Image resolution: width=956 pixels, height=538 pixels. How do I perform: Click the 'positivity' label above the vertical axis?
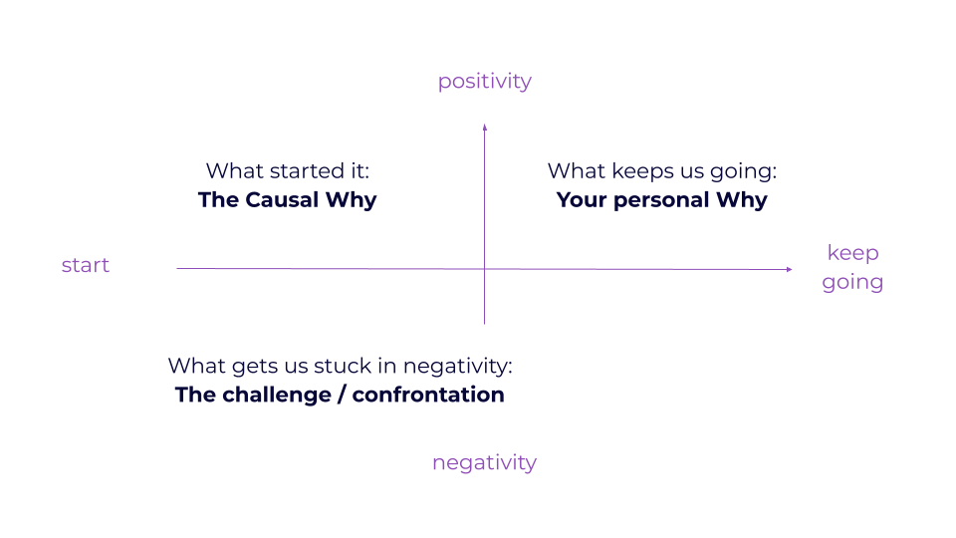tap(484, 82)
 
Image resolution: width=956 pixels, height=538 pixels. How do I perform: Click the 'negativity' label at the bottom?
tap(484, 463)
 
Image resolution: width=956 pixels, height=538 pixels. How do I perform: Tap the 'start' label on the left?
tap(86, 265)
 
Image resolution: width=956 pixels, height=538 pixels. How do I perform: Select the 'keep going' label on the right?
tap(852, 267)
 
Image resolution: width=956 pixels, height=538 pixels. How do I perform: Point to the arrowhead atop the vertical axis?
tap(484, 127)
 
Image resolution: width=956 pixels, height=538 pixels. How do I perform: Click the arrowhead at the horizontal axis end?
tap(789, 269)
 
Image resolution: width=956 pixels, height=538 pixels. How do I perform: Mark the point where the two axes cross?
tap(484, 269)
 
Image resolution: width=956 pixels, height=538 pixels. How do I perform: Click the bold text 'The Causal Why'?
tap(287, 200)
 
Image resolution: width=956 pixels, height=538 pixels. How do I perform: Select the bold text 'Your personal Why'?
tap(661, 200)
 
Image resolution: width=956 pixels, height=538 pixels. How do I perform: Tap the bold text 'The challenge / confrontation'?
tap(340, 395)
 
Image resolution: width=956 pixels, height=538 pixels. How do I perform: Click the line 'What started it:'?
tap(287, 171)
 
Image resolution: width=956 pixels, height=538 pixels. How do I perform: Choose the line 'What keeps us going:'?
tap(661, 171)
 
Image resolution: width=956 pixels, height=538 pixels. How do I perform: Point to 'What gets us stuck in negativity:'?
tap(340, 366)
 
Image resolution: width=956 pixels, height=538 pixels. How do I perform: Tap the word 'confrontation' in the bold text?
tap(428, 395)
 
